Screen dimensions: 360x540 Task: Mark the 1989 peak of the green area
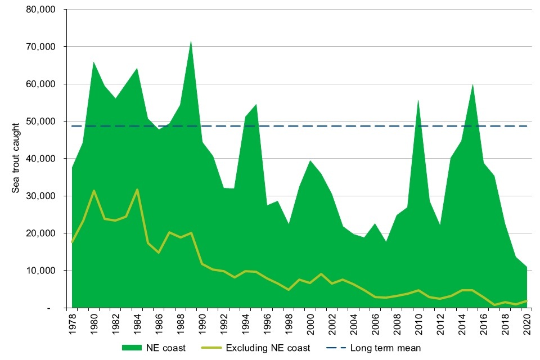tap(191, 41)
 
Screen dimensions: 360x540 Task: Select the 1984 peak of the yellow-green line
tap(137, 190)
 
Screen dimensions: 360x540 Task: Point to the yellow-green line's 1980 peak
tap(94, 191)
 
